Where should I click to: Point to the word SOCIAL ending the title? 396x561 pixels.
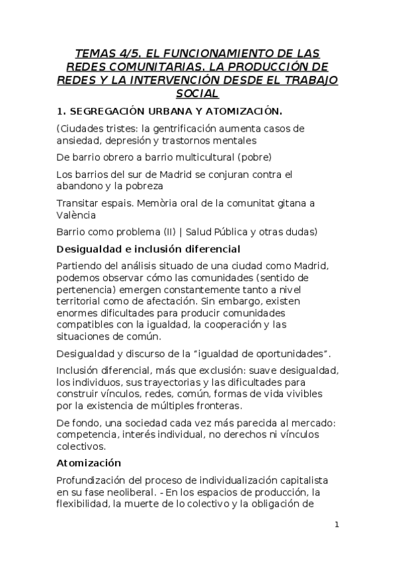click(x=198, y=94)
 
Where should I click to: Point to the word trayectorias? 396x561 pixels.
click(x=155, y=381)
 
